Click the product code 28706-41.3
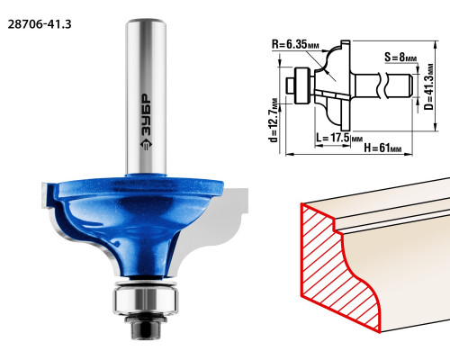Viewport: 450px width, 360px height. [40, 24]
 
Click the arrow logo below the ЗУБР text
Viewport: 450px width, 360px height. [146, 144]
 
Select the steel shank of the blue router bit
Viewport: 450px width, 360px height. [146, 96]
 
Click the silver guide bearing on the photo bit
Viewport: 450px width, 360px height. [146, 301]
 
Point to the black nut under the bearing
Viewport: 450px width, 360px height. [146, 328]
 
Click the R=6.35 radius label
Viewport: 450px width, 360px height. [295, 45]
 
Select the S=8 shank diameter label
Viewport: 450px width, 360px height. [400, 57]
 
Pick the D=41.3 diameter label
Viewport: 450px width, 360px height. [430, 86]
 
